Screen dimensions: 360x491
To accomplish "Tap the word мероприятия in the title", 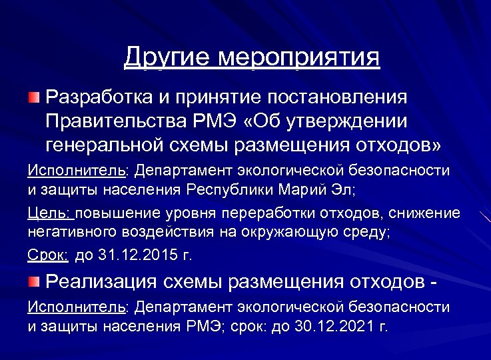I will pos(299,58).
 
